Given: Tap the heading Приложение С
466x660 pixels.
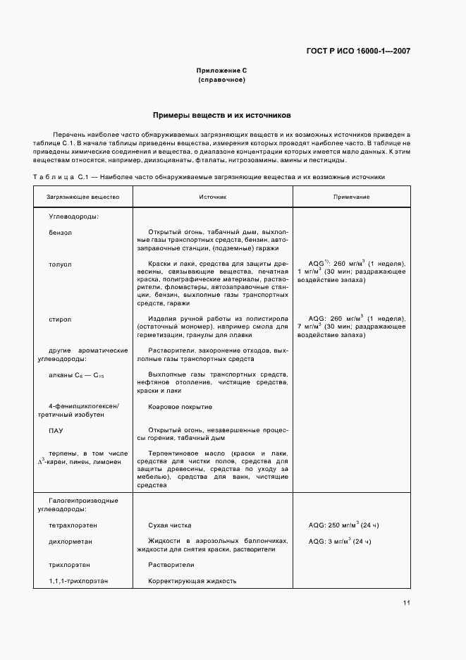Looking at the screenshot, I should pos(221,71).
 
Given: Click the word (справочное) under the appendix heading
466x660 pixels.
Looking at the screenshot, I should pos(221,80).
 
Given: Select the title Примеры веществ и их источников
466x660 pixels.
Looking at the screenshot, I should pos(221,114).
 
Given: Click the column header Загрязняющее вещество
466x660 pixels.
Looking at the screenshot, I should pos(83,197).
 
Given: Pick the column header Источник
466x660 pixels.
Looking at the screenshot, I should pos(212,197).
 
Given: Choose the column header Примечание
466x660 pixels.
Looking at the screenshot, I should pos(351,197).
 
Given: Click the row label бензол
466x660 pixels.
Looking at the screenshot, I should pos(61,231).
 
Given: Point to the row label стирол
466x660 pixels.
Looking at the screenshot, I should pos(60,319).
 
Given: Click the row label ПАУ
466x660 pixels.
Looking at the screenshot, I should pos(56,429).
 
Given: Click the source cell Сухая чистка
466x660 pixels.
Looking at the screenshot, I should pos(169,525).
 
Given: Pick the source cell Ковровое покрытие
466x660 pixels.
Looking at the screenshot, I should pos(180,407).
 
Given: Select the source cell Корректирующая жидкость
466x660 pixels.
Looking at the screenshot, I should pos(192,581).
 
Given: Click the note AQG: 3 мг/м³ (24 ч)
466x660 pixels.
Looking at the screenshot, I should pos(339,541).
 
